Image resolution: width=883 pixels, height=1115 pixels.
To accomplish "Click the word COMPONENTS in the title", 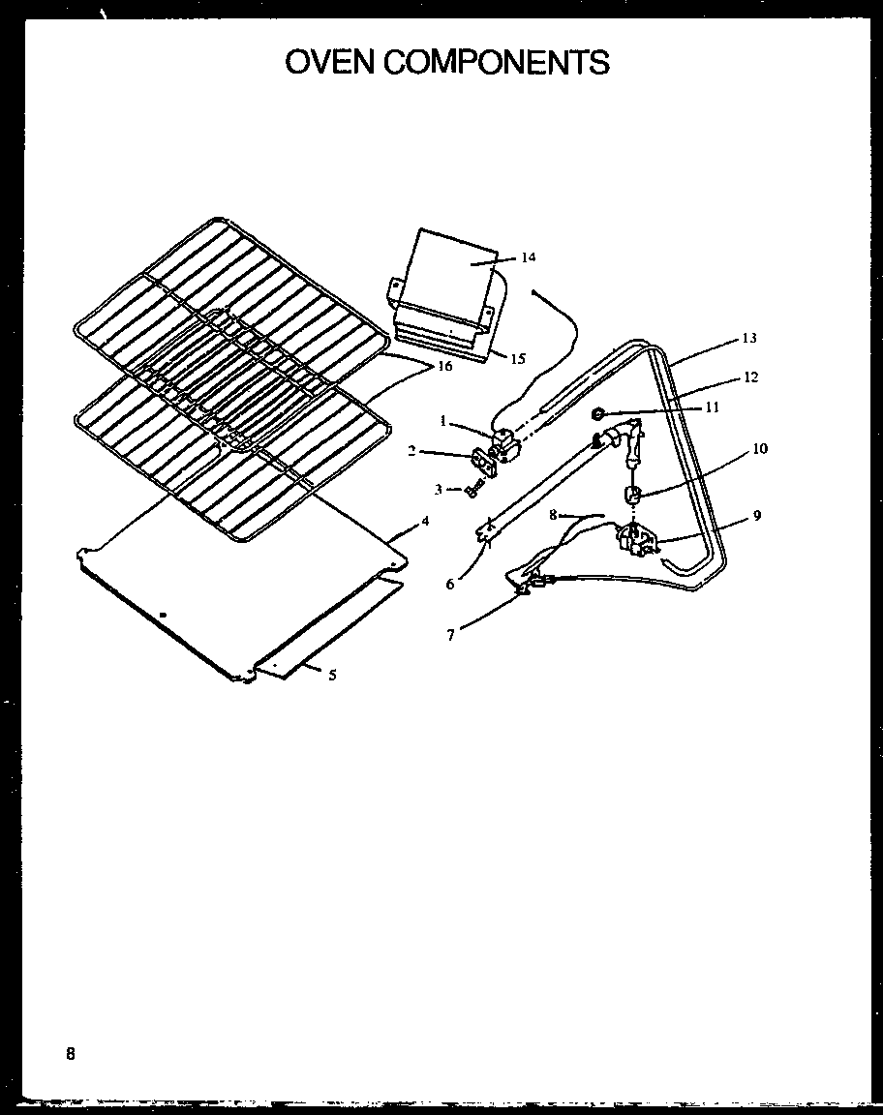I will pyautogui.click(x=498, y=62).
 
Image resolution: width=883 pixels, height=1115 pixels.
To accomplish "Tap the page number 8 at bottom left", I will pyautogui.click(x=71, y=1053).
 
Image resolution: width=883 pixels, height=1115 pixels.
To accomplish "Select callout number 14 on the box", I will pyautogui.click(x=528, y=257).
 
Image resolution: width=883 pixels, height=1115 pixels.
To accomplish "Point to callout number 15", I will pyautogui.click(x=518, y=359).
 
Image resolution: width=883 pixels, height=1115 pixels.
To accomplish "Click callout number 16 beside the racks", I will pyautogui.click(x=444, y=367).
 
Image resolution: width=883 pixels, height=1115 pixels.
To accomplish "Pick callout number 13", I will pyautogui.click(x=748, y=338).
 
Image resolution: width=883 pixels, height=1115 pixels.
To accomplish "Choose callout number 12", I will pyautogui.click(x=751, y=377).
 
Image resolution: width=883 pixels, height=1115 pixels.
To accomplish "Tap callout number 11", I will pyautogui.click(x=713, y=407).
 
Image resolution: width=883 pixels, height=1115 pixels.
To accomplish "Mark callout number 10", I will pyautogui.click(x=759, y=449).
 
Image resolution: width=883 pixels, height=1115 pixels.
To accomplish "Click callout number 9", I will pyautogui.click(x=757, y=516).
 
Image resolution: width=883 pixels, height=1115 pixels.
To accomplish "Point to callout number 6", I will pyautogui.click(x=449, y=584).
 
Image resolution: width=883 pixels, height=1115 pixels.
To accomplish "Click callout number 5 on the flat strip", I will pyautogui.click(x=332, y=676).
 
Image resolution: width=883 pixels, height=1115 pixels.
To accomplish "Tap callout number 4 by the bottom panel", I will pyautogui.click(x=424, y=521).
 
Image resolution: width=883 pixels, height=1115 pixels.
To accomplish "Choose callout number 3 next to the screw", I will pyautogui.click(x=439, y=490).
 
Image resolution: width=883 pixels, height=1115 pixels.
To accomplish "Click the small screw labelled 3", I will pyautogui.click(x=472, y=492).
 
